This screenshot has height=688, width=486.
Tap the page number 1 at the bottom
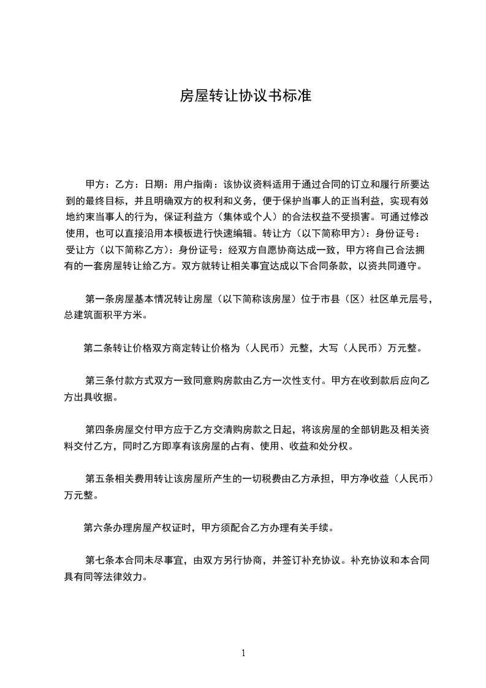(x=243, y=653)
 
